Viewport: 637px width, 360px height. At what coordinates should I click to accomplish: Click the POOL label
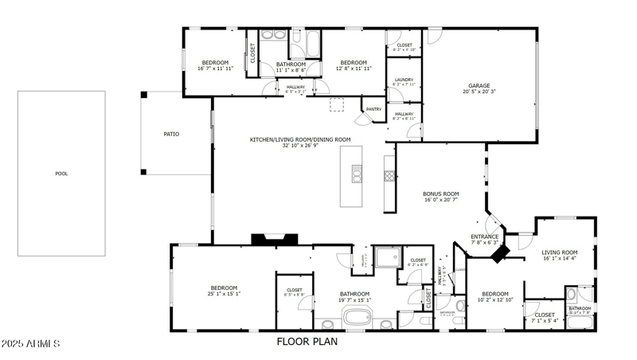(61, 174)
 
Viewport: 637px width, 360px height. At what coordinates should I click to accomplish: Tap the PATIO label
(171, 134)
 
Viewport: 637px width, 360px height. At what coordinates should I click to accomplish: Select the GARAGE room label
(479, 86)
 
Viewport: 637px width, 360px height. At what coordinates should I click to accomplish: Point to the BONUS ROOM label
(440, 194)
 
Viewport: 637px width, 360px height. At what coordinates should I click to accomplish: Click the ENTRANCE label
(484, 237)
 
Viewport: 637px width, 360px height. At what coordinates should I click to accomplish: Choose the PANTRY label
(373, 109)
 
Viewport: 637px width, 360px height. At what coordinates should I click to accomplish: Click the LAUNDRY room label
(404, 80)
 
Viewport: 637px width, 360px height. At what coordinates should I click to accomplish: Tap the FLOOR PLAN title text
(307, 342)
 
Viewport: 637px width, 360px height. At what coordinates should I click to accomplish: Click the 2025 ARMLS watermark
(31, 343)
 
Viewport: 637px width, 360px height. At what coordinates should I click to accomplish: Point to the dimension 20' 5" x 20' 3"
(479, 92)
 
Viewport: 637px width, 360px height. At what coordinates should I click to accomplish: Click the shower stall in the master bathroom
(389, 256)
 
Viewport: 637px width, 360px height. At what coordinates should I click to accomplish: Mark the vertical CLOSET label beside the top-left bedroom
(253, 53)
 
